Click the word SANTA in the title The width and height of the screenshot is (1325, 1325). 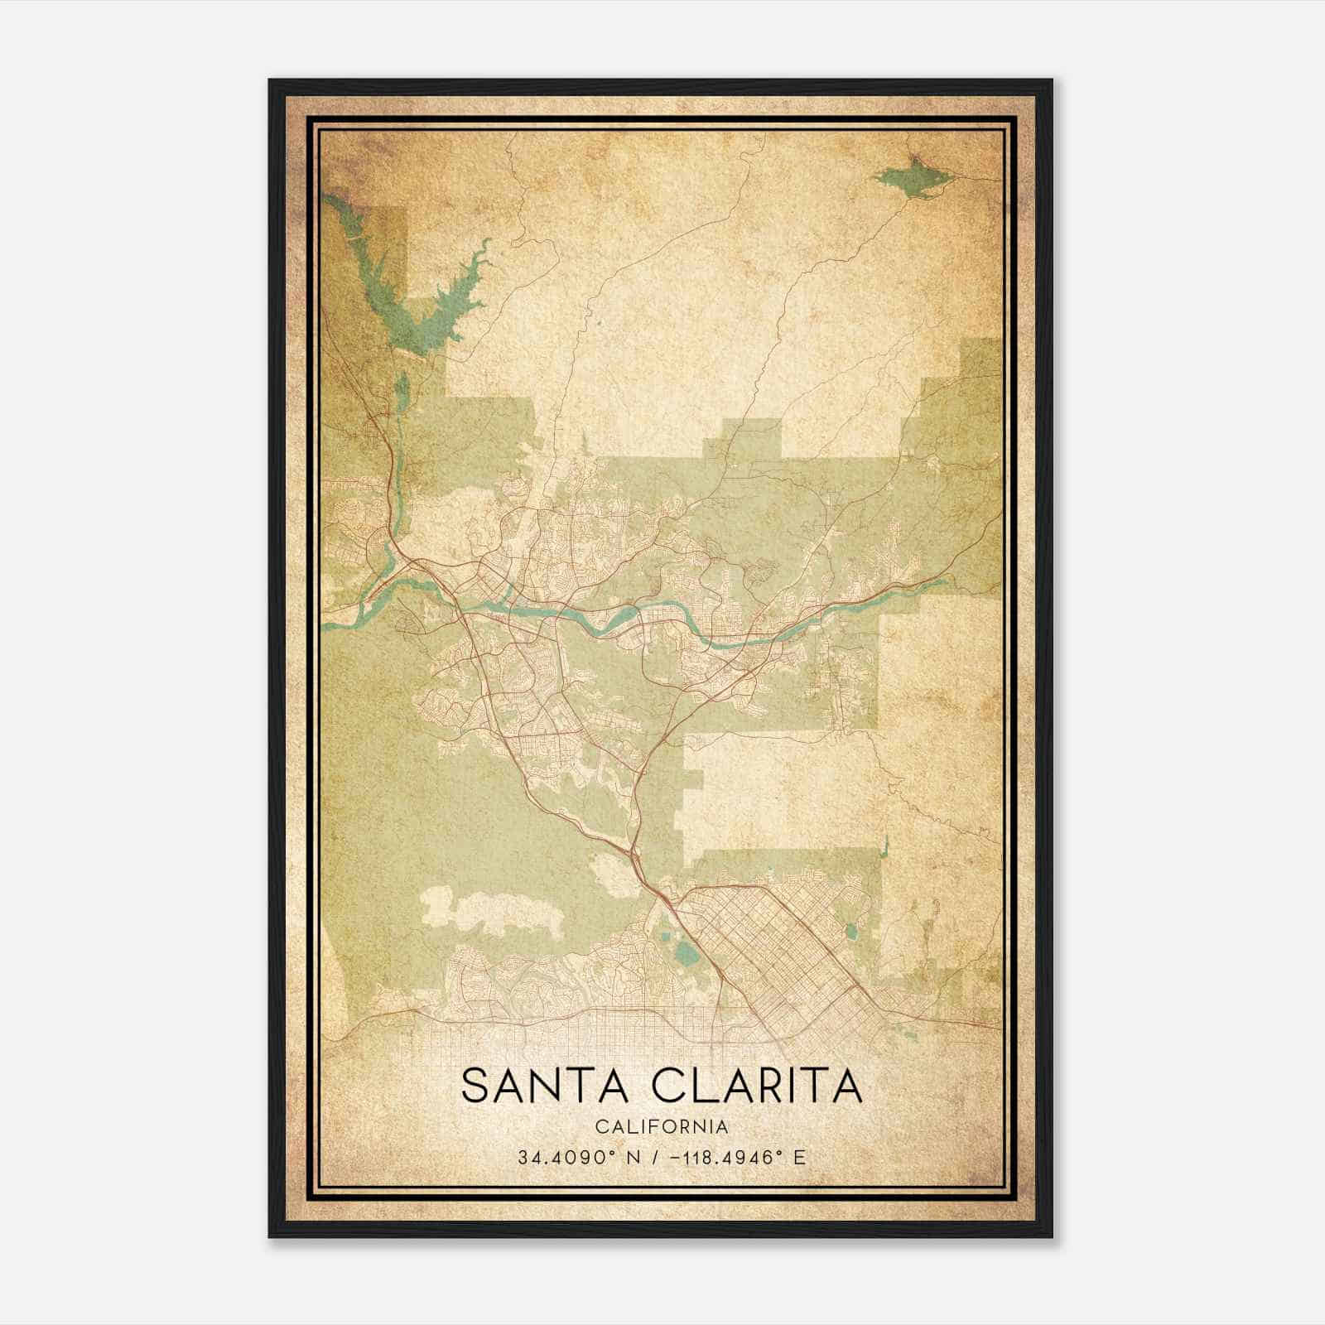[537, 1086]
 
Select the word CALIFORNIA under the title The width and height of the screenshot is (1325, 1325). [662, 1127]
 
